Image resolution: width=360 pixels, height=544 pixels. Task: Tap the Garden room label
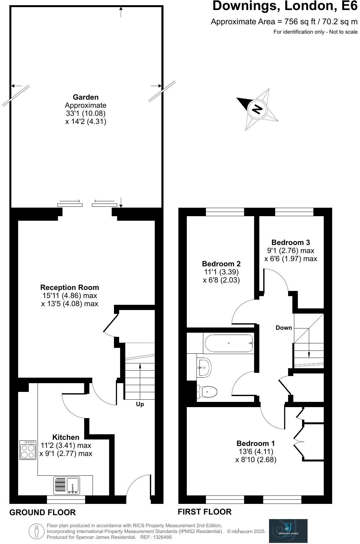[85, 97]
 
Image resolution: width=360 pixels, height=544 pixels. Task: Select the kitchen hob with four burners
[28, 450]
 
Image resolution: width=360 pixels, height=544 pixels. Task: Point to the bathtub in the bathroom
[228, 343]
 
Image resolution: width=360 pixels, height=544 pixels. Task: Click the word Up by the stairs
[140, 404]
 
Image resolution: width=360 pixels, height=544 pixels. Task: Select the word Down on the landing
[284, 328]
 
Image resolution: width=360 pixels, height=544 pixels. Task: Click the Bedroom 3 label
[290, 242]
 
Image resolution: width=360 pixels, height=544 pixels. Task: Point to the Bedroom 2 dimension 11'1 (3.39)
[221, 272]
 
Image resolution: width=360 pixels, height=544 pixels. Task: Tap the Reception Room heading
[70, 287]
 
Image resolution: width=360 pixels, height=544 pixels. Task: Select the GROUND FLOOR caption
[42, 513]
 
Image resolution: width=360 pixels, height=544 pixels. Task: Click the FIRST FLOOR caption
[205, 512]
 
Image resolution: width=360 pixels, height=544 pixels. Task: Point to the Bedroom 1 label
[256, 443]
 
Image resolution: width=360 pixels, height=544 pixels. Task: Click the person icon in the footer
[37, 531]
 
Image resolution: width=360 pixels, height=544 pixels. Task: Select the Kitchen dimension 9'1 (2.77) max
[66, 454]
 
